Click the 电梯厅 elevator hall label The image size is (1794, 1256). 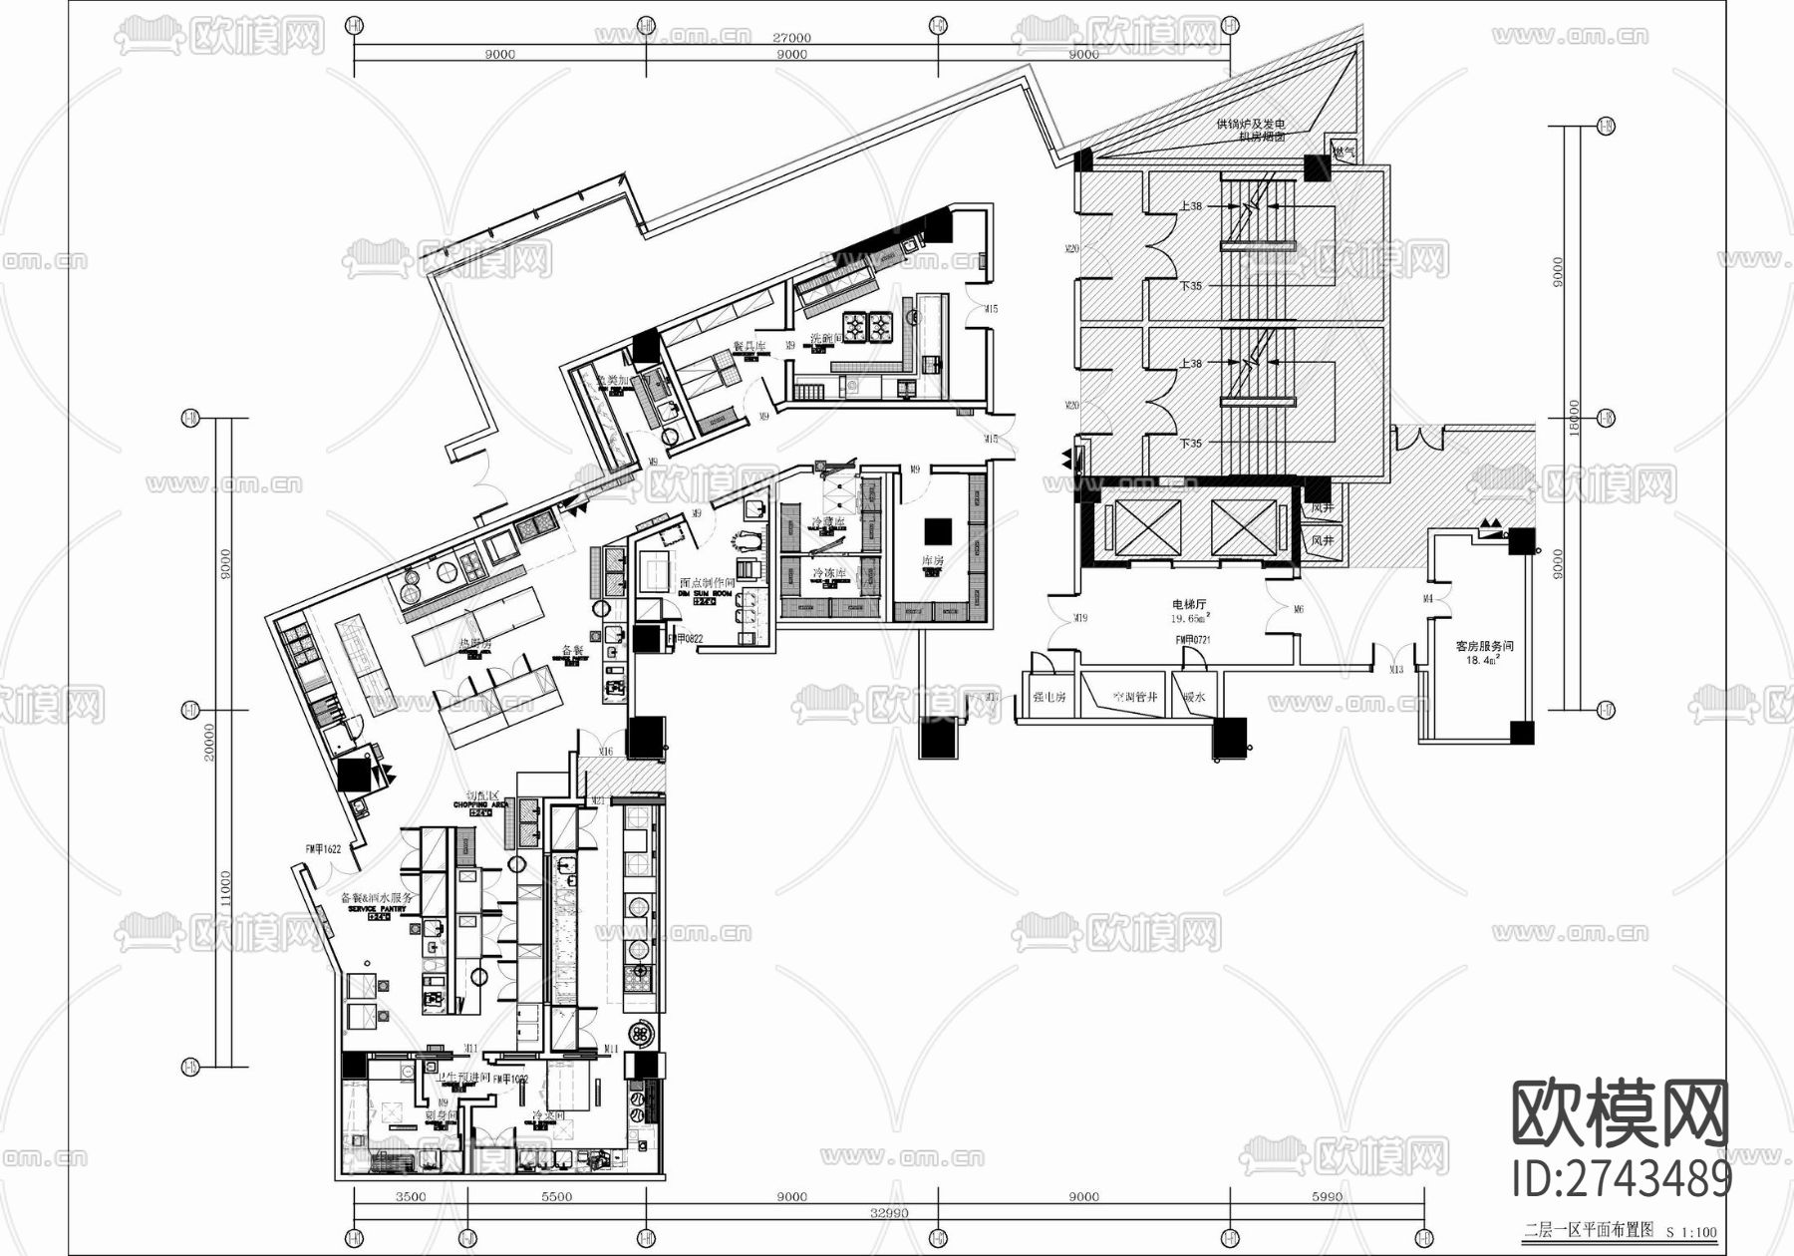point(1189,604)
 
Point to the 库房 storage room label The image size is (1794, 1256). point(932,561)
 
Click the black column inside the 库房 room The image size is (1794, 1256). point(937,529)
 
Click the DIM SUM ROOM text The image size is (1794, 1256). point(705,593)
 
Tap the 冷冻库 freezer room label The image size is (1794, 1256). point(829,574)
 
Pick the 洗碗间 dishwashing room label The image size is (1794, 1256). point(827,339)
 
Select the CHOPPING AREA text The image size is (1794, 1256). point(480,804)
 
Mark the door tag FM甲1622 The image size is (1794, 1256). point(324,849)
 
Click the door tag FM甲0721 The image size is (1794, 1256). point(1192,640)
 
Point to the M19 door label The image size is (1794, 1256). point(1080,618)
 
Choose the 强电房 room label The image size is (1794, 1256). point(1048,697)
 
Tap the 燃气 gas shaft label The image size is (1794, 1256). point(1344,153)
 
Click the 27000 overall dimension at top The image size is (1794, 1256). point(792,38)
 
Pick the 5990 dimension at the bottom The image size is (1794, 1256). point(1327,1196)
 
